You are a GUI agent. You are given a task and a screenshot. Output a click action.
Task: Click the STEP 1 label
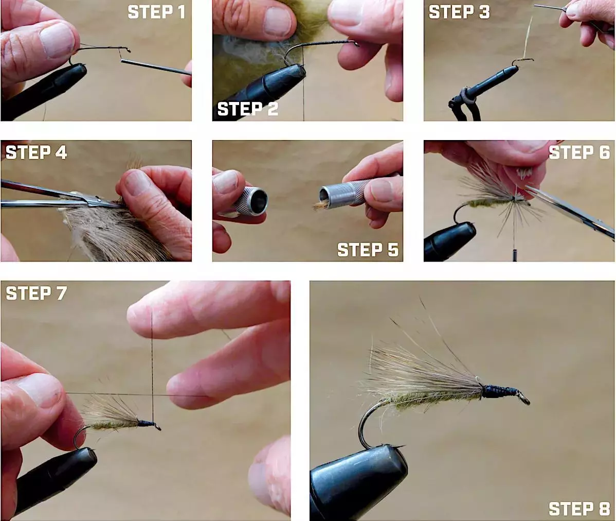156,12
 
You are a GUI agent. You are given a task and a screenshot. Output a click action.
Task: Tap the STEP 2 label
247,109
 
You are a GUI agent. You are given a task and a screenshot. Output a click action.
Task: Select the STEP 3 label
459,12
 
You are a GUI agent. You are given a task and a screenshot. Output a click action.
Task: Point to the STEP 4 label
36,152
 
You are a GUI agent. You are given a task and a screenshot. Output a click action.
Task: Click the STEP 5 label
368,250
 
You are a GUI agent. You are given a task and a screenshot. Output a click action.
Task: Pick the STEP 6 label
579,152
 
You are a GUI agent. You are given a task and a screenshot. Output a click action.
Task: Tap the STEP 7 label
36,293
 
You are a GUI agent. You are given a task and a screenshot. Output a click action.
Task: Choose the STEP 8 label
579,509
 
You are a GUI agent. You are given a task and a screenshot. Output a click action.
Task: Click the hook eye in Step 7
157,427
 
